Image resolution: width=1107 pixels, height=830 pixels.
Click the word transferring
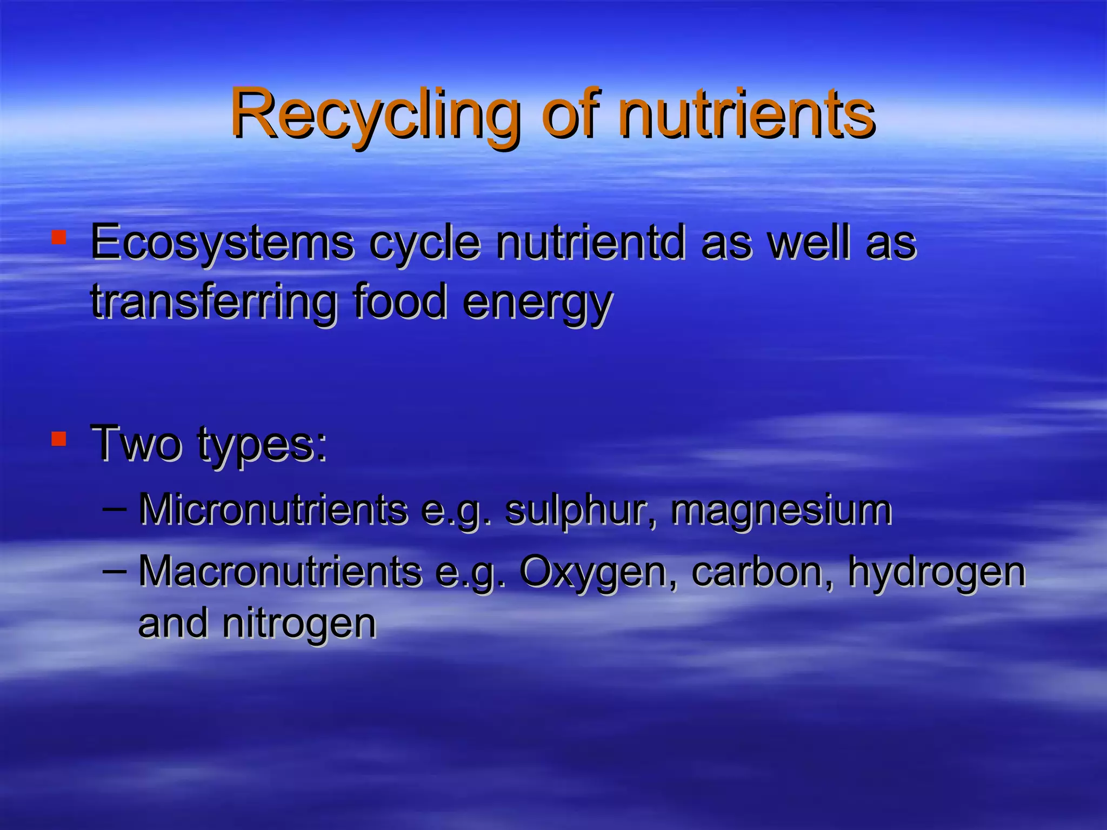point(214,302)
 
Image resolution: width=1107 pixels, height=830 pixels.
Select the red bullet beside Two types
point(58,439)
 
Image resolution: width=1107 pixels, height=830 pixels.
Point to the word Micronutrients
point(273,510)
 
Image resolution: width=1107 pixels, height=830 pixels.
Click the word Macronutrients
point(280,571)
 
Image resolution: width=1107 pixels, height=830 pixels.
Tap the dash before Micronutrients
point(114,508)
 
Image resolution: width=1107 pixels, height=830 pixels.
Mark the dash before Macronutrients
point(114,570)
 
